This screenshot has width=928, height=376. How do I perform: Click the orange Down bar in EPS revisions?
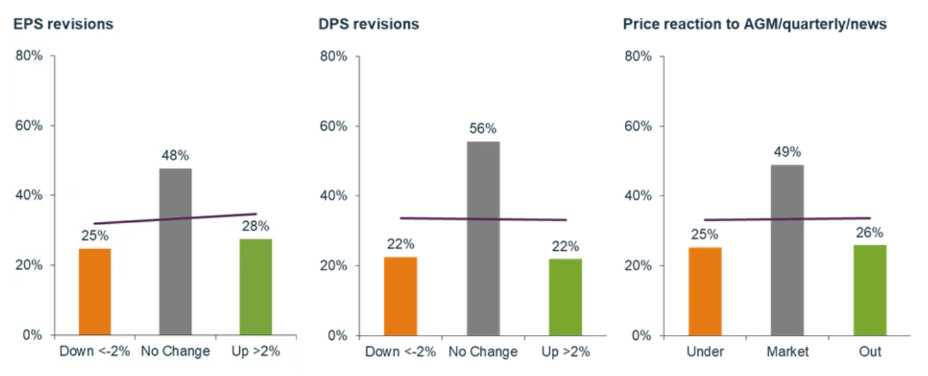[95, 292]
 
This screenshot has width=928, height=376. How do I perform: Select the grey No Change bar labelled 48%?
[175, 251]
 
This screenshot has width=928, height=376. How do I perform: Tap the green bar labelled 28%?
[255, 287]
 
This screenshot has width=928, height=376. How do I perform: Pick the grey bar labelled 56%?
[483, 238]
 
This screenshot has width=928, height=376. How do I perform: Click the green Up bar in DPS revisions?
[565, 297]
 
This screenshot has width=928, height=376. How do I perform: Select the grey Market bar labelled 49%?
[787, 249]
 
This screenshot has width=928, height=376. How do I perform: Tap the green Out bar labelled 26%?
[870, 290]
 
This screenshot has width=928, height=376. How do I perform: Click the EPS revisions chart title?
[63, 24]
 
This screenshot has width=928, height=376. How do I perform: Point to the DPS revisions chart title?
[369, 24]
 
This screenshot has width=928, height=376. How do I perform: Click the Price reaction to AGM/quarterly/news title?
[755, 24]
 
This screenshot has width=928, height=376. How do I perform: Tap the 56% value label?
[483, 129]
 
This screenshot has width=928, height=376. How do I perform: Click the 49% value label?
[787, 152]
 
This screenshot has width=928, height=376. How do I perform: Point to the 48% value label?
[175, 155]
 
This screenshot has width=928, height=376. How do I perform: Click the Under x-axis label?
[705, 351]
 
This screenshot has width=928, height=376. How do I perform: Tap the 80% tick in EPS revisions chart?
[29, 56]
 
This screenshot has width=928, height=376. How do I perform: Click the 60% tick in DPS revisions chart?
[333, 126]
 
